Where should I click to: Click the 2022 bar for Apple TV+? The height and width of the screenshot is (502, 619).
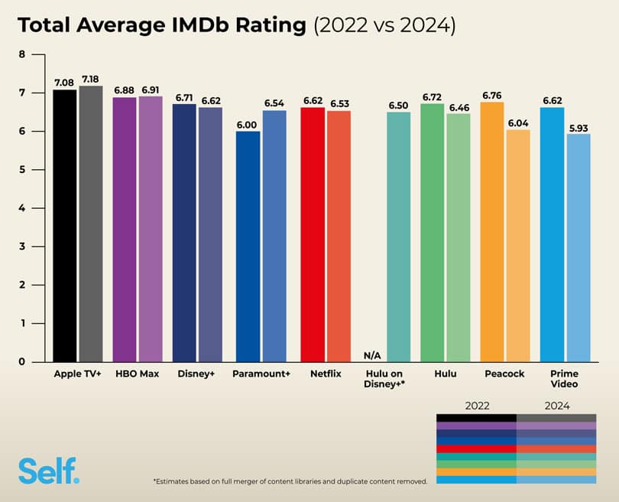click(x=65, y=226)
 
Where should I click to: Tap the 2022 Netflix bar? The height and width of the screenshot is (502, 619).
click(x=313, y=234)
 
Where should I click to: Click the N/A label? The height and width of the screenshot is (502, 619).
click(x=372, y=355)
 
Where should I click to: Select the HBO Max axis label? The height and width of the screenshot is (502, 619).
click(x=138, y=374)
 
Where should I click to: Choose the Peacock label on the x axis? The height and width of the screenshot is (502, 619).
click(x=505, y=374)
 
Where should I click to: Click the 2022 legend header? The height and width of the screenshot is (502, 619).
click(x=476, y=406)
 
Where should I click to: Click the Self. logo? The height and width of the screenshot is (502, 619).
click(x=48, y=470)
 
